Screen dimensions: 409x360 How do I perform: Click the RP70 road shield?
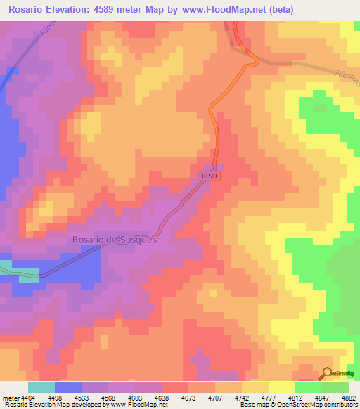(x=206, y=177)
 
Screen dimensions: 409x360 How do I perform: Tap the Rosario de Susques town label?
(x=114, y=240)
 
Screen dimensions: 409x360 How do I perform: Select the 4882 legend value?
(x=349, y=397)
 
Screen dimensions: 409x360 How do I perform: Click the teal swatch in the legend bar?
(x=41, y=387)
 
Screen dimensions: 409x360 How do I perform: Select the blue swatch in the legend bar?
(x=67, y=387)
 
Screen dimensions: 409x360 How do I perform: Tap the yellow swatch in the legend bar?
(x=281, y=387)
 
